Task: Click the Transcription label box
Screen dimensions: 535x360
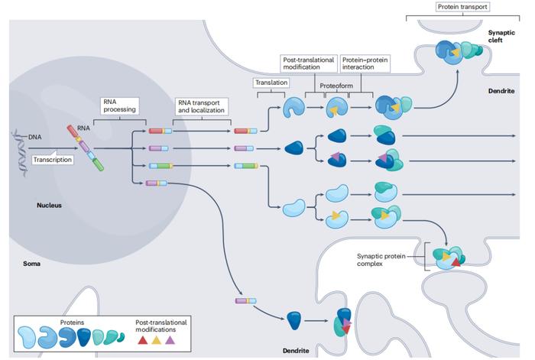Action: pyautogui.click(x=53, y=159)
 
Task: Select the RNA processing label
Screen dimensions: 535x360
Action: pyautogui.click(x=120, y=105)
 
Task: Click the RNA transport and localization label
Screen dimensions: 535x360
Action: pyautogui.click(x=201, y=106)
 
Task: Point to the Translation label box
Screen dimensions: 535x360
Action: pyautogui.click(x=271, y=83)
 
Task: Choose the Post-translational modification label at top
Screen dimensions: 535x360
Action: pyautogui.click(x=309, y=63)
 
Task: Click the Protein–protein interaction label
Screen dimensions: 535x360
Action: pyautogui.click(x=365, y=63)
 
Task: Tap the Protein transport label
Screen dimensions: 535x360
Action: pyautogui.click(x=462, y=7)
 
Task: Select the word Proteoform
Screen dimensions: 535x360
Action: pyautogui.click(x=336, y=86)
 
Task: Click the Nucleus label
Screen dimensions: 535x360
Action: pyautogui.click(x=49, y=205)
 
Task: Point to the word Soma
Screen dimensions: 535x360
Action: pyautogui.click(x=32, y=264)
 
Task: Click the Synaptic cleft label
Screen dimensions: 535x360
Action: pyautogui.click(x=501, y=36)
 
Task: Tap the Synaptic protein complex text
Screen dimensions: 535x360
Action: pyautogui.click(x=381, y=260)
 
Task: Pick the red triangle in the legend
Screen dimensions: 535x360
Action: pyautogui.click(x=142, y=340)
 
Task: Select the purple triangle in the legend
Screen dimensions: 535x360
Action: pyautogui.click(x=170, y=340)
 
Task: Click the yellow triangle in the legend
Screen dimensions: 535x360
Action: pyautogui.click(x=156, y=340)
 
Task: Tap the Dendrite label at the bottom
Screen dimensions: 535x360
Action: pyautogui.click(x=296, y=350)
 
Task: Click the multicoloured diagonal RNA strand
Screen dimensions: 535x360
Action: pyautogui.click(x=86, y=148)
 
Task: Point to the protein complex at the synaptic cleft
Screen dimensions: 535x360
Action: pyautogui.click(x=459, y=52)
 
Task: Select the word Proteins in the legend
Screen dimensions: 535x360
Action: pyautogui.click(x=72, y=322)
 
